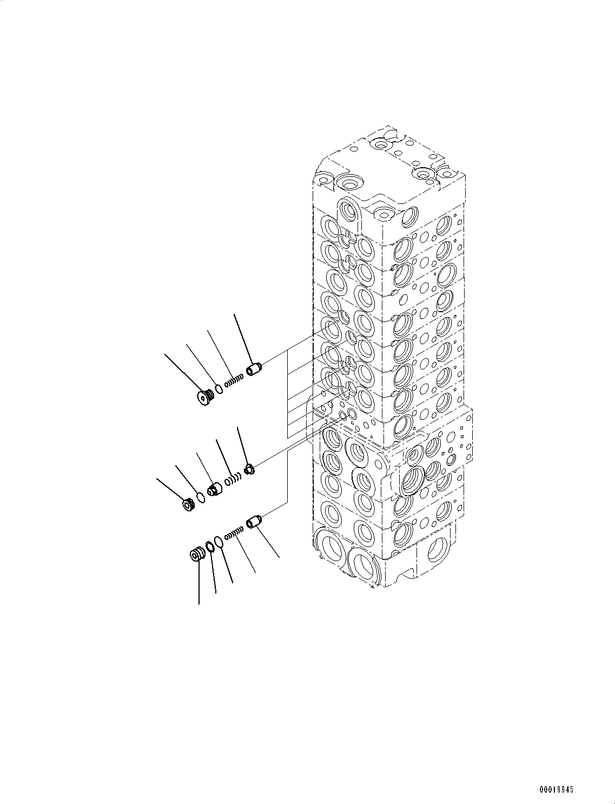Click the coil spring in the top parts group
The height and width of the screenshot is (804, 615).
point(234,381)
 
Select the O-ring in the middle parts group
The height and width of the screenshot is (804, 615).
point(201,497)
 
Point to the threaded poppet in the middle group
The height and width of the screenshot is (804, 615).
point(215,489)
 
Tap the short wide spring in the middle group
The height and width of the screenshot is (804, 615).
point(233,479)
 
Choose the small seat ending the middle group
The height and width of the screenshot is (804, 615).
point(249,469)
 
